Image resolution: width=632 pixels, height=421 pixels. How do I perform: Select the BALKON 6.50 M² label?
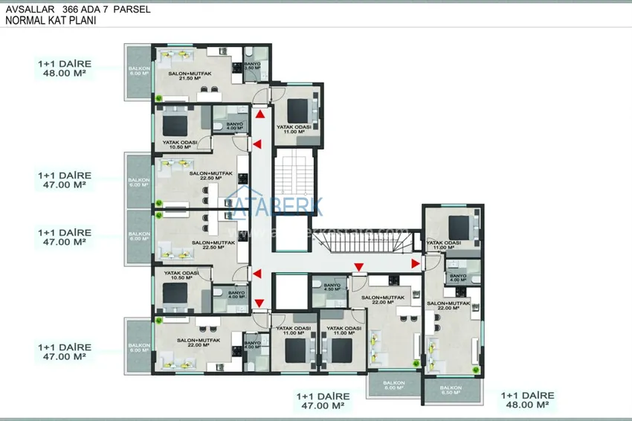pos(451,390)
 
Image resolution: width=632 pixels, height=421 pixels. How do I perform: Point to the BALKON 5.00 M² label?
pos(138,347)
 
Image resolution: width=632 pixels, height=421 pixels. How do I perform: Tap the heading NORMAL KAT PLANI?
pos(51,21)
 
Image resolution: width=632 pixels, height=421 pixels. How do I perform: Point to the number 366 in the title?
pos(77,9)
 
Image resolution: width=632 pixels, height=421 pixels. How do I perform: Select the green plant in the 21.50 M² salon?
pos(159,97)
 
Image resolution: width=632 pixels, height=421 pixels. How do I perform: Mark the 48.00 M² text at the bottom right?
pos(525,405)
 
